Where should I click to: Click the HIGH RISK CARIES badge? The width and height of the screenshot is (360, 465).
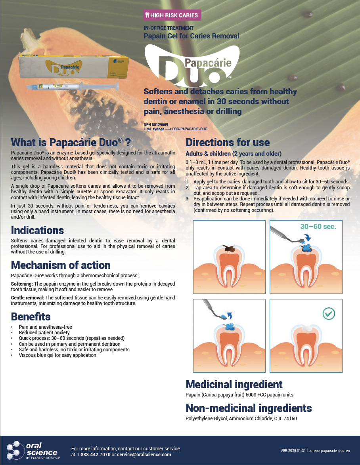tap(172, 15)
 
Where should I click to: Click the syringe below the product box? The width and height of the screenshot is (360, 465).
tap(73, 87)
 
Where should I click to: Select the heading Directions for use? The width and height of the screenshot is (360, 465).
tap(228, 142)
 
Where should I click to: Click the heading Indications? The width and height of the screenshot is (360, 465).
tap(37, 231)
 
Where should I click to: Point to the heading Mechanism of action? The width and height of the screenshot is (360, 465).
tap(61, 265)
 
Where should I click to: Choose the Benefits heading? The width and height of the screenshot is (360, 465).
tap(31, 317)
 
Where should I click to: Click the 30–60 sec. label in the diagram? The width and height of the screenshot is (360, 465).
tap(318, 227)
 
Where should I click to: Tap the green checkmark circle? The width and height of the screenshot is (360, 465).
tap(329, 313)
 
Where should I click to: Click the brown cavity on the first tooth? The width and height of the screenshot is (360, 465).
tap(230, 248)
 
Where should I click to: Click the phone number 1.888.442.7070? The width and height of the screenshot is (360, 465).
tap(94, 455)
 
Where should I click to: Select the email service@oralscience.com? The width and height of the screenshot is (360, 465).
tap(144, 455)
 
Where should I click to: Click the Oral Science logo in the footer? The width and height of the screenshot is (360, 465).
tap(33, 450)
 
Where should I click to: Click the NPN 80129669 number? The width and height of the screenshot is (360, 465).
tap(156, 125)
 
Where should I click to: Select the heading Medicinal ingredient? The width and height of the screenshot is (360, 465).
tap(234, 384)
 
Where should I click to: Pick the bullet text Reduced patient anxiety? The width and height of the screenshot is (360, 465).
tap(44, 333)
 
